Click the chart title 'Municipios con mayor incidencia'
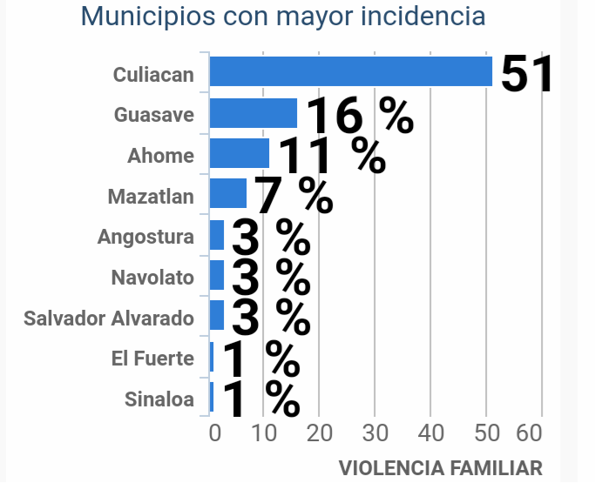pyautogui.click(x=283, y=17)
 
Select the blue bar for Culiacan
pyautogui.click(x=350, y=71)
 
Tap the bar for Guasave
pyautogui.click(x=253, y=113)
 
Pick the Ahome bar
pyautogui.click(x=239, y=154)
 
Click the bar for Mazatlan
pyautogui.click(x=227, y=194)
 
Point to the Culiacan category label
pyautogui.click(x=153, y=75)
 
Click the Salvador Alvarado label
pyautogui.click(x=109, y=318)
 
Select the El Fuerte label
pyautogui.click(x=152, y=359)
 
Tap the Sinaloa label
pyautogui.click(x=159, y=399)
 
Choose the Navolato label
pyautogui.click(x=152, y=278)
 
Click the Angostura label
pyautogui.click(x=145, y=237)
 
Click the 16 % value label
pyautogui.click(x=360, y=116)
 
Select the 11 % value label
pyautogui.click(x=331, y=156)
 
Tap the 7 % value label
pyautogui.click(x=294, y=196)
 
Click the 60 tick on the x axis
pyautogui.click(x=529, y=433)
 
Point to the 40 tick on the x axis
pyautogui.click(x=431, y=433)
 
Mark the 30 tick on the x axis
pyautogui.click(x=375, y=433)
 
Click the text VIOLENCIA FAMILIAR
pyautogui.click(x=440, y=467)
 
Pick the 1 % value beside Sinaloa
pyautogui.click(x=260, y=398)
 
